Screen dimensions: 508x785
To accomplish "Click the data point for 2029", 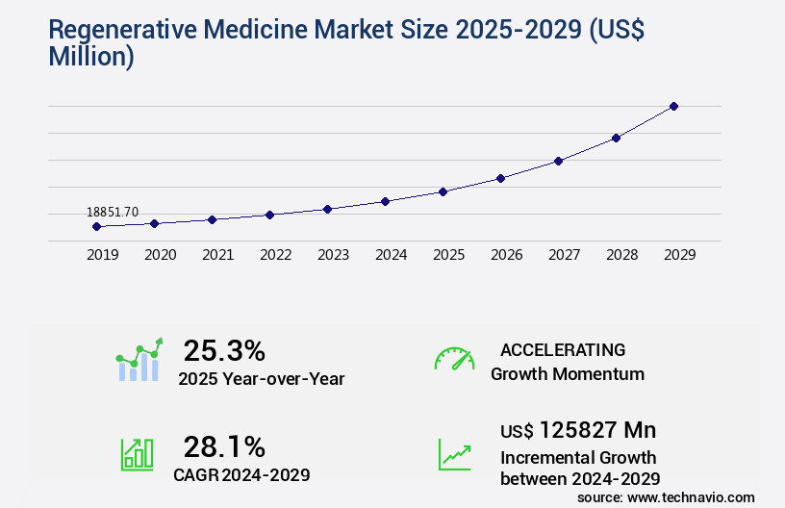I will pos(673,106).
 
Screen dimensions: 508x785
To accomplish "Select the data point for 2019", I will pos(96,226).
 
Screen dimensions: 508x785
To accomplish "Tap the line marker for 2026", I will pos(500,178).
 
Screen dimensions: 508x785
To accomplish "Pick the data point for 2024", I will pos(385,201).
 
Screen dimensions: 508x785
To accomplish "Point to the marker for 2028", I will pos(616,138).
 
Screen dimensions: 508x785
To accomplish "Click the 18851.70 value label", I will pos(113,212).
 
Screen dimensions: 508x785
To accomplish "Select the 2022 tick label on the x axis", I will pos(275,255).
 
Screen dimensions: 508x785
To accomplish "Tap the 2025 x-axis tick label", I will pos(448,255).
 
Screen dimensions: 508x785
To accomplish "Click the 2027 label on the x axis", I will pos(564,255).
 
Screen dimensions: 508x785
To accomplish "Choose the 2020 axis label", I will pos(160,255).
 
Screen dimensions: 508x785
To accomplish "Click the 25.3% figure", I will pos(224,350).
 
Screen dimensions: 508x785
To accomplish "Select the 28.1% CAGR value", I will pos(224,446).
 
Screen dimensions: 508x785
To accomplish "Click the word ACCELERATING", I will pos(563,349).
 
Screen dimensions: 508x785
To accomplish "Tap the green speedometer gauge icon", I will pos(454,359).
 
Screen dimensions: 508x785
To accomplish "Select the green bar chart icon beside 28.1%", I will pos(137,454).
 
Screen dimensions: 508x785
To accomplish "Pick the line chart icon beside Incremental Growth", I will pos(454,454).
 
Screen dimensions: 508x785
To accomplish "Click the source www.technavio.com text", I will pos(666,497).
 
